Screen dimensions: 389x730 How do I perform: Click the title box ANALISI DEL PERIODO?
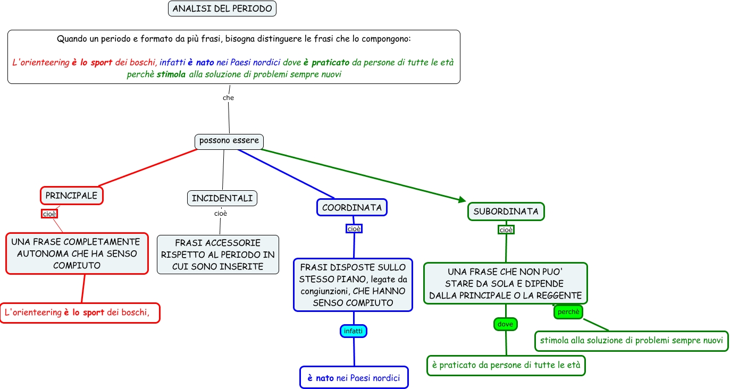(222, 9)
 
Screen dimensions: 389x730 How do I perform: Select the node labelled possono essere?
(229, 141)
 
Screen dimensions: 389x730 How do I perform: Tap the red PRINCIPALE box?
(71, 196)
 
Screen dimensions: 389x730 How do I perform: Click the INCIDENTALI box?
(222, 198)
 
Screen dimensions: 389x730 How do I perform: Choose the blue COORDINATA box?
(352, 207)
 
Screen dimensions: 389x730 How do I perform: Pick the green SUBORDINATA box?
(506, 211)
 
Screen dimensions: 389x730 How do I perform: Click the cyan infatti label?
(354, 331)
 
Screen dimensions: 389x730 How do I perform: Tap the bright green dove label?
(505, 324)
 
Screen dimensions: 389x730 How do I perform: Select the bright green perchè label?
(568, 312)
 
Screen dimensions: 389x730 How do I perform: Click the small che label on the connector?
(228, 98)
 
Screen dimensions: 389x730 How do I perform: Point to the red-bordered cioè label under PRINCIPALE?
(49, 214)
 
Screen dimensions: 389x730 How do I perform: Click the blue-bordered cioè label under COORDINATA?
(354, 229)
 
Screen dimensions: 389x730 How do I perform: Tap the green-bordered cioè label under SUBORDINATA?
(506, 230)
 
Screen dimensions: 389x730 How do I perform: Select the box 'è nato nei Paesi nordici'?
(354, 378)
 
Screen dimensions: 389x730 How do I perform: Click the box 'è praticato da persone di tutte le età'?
(506, 366)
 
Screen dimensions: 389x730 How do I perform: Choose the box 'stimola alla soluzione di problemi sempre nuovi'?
(631, 340)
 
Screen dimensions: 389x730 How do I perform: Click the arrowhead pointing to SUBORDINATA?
(461, 200)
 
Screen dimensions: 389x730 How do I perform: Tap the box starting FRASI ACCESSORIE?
(218, 255)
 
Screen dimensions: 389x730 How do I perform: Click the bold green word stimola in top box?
(171, 74)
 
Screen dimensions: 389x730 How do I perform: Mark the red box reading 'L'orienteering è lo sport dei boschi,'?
(80, 312)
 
